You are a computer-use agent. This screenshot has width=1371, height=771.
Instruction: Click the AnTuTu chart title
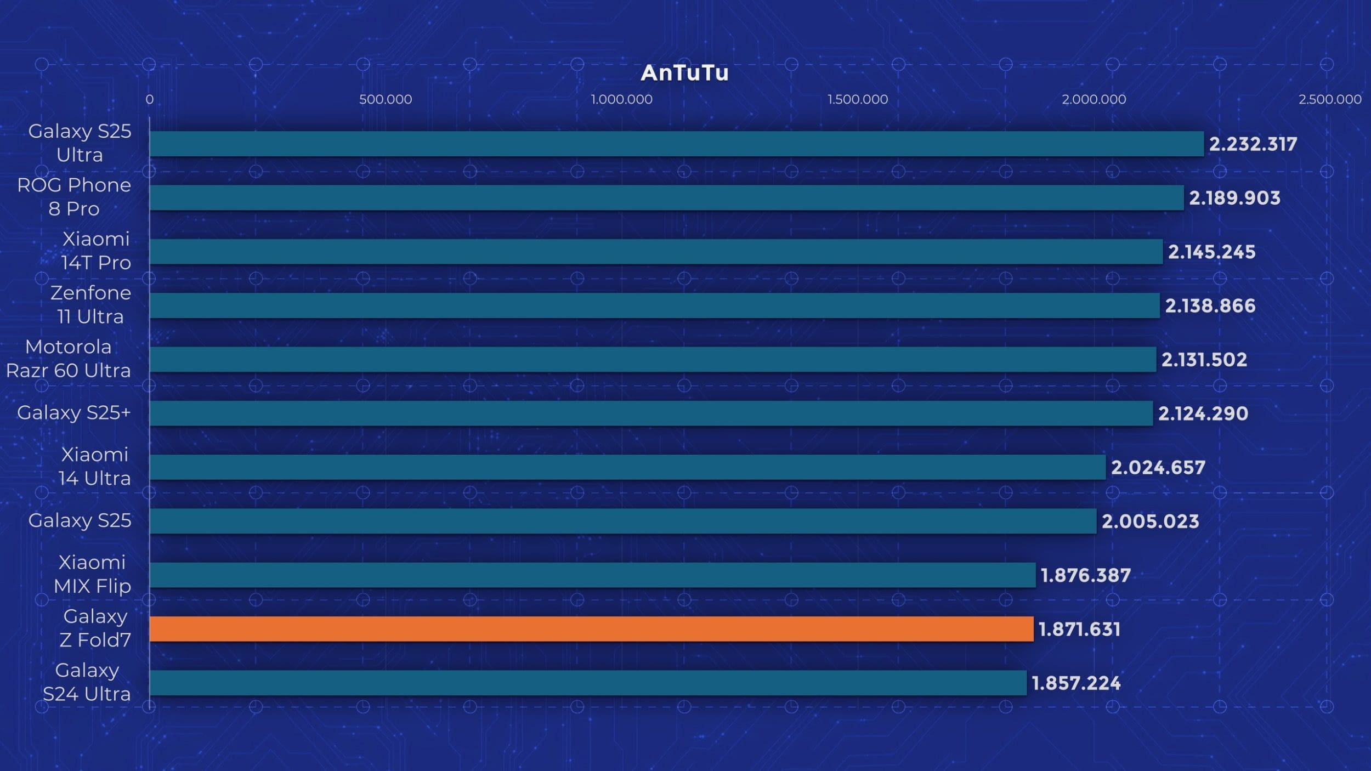(x=684, y=73)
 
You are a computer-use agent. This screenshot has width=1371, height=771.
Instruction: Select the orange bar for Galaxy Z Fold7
(x=591, y=629)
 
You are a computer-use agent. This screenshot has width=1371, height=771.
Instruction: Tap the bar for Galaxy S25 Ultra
(x=676, y=144)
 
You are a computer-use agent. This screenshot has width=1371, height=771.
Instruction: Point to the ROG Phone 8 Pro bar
(x=666, y=197)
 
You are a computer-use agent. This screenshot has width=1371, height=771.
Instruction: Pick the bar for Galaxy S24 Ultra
(x=588, y=683)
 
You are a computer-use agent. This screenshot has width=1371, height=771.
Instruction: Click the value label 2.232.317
(x=1253, y=144)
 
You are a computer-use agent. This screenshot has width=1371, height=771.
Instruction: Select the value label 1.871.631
(x=1079, y=629)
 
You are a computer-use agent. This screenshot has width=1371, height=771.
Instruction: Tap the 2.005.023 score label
(x=1150, y=521)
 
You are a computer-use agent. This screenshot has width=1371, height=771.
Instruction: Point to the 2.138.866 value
(x=1210, y=305)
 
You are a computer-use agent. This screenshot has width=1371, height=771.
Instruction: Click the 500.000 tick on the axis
(x=386, y=99)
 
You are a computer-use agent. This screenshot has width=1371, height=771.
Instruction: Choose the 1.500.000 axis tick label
(x=858, y=99)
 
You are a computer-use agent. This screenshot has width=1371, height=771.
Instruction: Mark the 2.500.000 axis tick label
(x=1330, y=99)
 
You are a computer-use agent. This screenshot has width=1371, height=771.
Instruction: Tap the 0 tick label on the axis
(x=149, y=99)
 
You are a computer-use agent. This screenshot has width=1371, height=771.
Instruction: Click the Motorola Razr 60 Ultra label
(x=69, y=359)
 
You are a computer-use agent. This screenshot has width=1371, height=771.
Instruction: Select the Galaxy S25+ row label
(x=74, y=412)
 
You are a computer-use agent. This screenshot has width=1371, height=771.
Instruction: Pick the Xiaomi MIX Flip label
(x=92, y=574)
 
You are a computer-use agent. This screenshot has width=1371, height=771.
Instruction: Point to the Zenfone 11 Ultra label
(x=90, y=305)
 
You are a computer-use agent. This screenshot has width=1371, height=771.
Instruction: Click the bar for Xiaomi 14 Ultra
(x=627, y=467)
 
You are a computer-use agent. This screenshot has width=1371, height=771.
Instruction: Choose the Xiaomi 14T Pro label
(x=96, y=251)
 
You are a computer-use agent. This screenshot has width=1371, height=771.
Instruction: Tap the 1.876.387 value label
(x=1085, y=575)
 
